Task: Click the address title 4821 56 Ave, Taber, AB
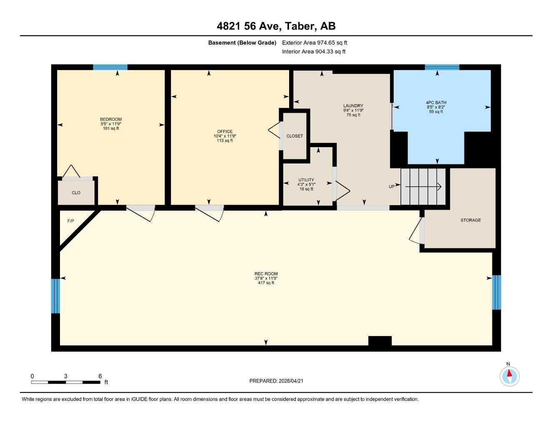point(276,26)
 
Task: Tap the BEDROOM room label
point(111,120)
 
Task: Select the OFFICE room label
point(225,132)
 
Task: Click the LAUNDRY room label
point(353,106)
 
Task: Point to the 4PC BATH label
point(436,103)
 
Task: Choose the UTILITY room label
point(306,180)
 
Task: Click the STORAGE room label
point(470,220)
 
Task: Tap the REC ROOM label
point(266,274)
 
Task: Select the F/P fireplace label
point(71,221)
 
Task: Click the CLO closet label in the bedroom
point(76,193)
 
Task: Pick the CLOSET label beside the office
point(295,136)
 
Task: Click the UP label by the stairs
point(392,186)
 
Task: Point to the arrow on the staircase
point(423,187)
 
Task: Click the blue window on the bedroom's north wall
point(110,67)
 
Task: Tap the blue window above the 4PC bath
point(442,67)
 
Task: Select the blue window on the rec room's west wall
point(55,296)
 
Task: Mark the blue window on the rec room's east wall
point(496,292)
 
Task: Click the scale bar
point(66,382)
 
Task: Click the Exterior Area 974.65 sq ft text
point(315,43)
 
